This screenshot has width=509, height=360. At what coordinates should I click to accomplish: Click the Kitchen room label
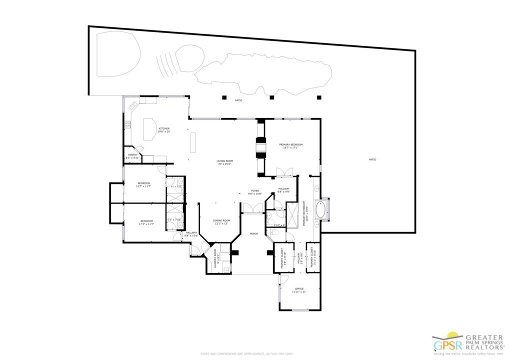tap(164, 129)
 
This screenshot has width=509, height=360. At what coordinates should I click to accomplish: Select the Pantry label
tap(132, 155)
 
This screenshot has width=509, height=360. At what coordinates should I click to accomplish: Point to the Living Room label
tap(225, 161)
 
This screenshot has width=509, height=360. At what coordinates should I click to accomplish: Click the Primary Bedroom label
tap(292, 144)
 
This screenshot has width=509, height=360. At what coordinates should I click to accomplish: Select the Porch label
tap(254, 233)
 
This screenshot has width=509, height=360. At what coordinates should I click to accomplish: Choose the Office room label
tap(299, 289)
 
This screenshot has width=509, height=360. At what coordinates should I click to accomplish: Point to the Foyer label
tap(255, 191)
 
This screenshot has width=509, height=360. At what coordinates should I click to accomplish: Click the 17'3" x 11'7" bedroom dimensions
tap(146, 224)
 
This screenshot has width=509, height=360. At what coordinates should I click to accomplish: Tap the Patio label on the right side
tap(372, 159)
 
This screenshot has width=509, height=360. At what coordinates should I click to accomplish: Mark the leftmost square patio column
tap(224, 97)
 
